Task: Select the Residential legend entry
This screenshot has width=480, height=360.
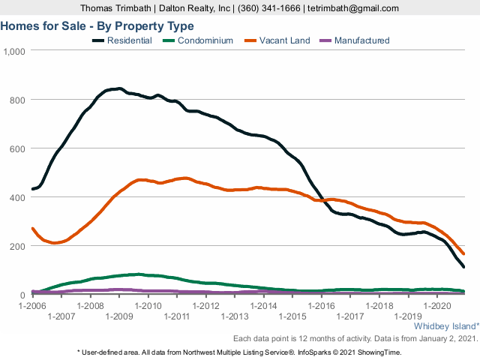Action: coord(128,40)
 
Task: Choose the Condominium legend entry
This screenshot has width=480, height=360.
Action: coord(204,40)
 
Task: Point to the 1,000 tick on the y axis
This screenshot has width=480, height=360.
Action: coord(14,51)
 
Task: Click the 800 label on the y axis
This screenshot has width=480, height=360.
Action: coord(17,100)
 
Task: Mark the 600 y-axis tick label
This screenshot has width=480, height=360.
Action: coord(17,148)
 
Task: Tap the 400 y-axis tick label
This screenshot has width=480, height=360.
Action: coord(17,197)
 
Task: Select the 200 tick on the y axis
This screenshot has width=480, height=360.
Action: coord(17,246)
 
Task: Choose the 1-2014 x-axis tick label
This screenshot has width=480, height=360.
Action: coord(263,306)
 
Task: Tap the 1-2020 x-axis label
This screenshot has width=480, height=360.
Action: coord(436,306)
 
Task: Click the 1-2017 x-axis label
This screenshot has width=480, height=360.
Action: coord(349,316)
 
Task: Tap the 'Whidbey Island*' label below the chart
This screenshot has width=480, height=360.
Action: coord(445,326)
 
